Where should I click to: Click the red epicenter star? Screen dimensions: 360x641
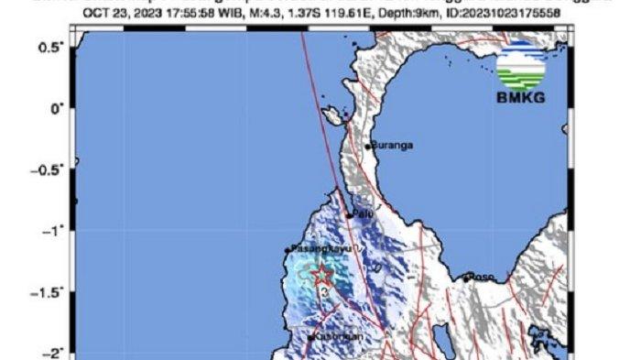click(321, 274)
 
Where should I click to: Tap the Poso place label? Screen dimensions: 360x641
click(482, 277)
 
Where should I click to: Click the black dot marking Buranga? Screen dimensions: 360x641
click(369, 146)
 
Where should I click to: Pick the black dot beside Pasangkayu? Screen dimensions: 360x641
click(287, 249)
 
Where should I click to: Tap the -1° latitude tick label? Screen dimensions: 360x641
click(52, 230)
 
